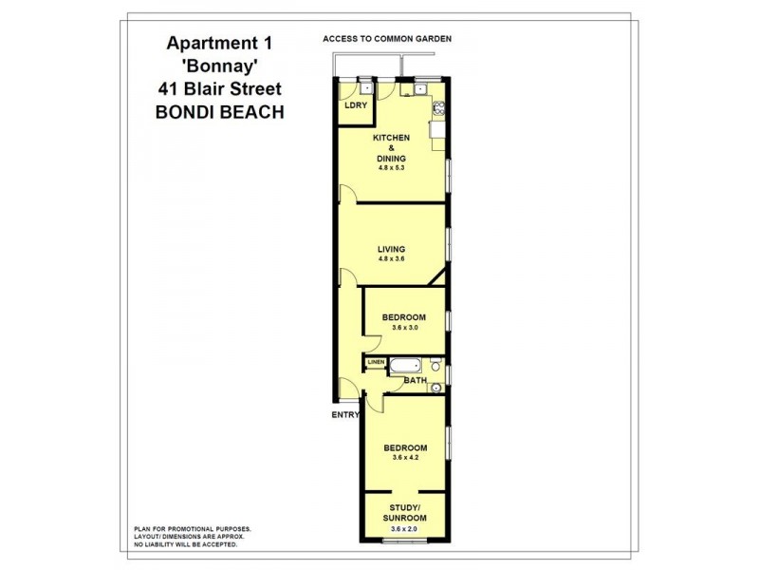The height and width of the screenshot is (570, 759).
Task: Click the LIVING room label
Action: click(x=391, y=249)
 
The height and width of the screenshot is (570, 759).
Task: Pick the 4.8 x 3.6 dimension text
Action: click(x=391, y=259)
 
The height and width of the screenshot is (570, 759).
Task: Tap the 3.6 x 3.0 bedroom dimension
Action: click(x=403, y=328)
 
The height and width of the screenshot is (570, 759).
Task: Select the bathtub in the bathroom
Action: click(x=410, y=366)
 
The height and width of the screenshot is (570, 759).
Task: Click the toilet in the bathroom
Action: click(x=435, y=365)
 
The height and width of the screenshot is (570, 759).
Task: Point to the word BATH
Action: click(x=415, y=381)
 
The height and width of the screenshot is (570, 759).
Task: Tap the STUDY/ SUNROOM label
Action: click(x=405, y=513)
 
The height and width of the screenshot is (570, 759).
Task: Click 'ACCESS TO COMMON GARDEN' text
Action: click(x=386, y=39)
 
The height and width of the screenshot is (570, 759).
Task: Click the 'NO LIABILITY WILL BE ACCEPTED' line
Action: click(x=185, y=544)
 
